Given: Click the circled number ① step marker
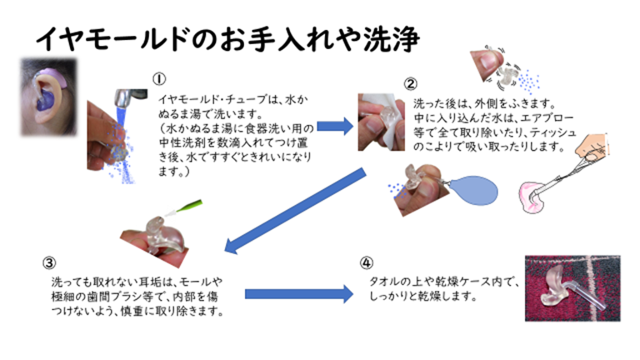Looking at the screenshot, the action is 159,79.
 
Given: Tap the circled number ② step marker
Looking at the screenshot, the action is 410,84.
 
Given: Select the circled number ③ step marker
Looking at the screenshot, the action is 49,263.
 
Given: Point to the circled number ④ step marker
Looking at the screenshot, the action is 366,262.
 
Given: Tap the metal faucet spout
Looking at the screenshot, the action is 128,98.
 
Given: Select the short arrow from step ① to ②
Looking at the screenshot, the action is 335,126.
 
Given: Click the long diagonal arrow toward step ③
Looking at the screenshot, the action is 295,211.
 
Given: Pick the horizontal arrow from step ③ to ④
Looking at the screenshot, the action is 299,294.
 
